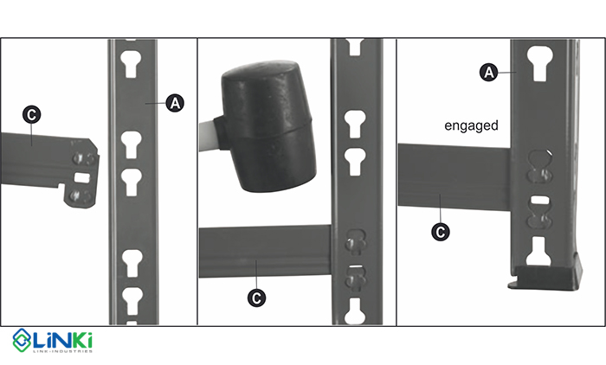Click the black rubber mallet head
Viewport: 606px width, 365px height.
(268, 125)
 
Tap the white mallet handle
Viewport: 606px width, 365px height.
(207, 135)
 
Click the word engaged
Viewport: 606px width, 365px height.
(471, 126)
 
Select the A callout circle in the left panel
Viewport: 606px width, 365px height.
(175, 103)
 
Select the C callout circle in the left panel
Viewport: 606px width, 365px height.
(32, 115)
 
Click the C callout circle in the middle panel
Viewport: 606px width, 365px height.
(256, 298)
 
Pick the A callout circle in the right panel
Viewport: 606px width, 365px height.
(489, 73)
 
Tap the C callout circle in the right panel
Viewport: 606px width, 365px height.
(440, 232)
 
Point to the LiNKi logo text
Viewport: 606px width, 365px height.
(61, 340)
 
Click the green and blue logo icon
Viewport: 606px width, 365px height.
(22, 340)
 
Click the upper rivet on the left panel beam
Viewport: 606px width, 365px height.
(79, 158)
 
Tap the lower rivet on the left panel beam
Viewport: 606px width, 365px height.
(76, 195)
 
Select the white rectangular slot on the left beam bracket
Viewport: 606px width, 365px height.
(81, 177)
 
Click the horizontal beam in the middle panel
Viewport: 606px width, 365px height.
(265, 252)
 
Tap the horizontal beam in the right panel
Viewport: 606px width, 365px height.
(455, 177)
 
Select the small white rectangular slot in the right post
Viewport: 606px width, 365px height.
(539, 200)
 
